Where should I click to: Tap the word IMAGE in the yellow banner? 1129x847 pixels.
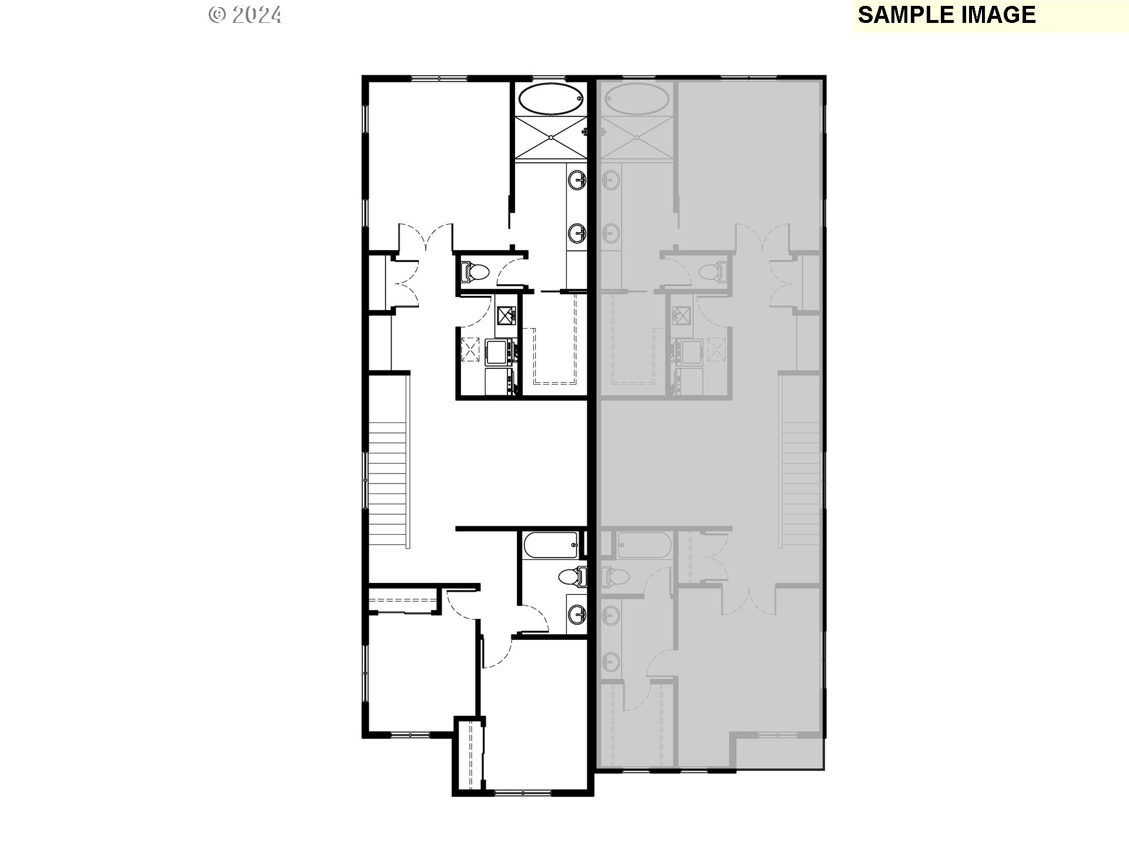coord(999,15)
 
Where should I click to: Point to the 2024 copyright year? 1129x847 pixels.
coord(256,15)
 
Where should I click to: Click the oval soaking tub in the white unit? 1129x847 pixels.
coord(551,99)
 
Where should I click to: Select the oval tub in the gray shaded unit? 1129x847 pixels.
coord(638,99)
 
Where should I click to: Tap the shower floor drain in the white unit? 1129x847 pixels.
coord(551,138)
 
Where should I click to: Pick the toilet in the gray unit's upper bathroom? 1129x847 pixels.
coord(713,272)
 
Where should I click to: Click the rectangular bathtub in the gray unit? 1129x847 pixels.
coord(643,545)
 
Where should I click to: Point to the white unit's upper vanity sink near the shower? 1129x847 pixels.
coord(577,179)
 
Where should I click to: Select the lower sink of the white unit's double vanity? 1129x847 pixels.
coord(577,234)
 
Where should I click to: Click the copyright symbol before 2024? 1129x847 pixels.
coord(217,15)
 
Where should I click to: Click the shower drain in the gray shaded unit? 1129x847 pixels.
coord(637,138)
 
